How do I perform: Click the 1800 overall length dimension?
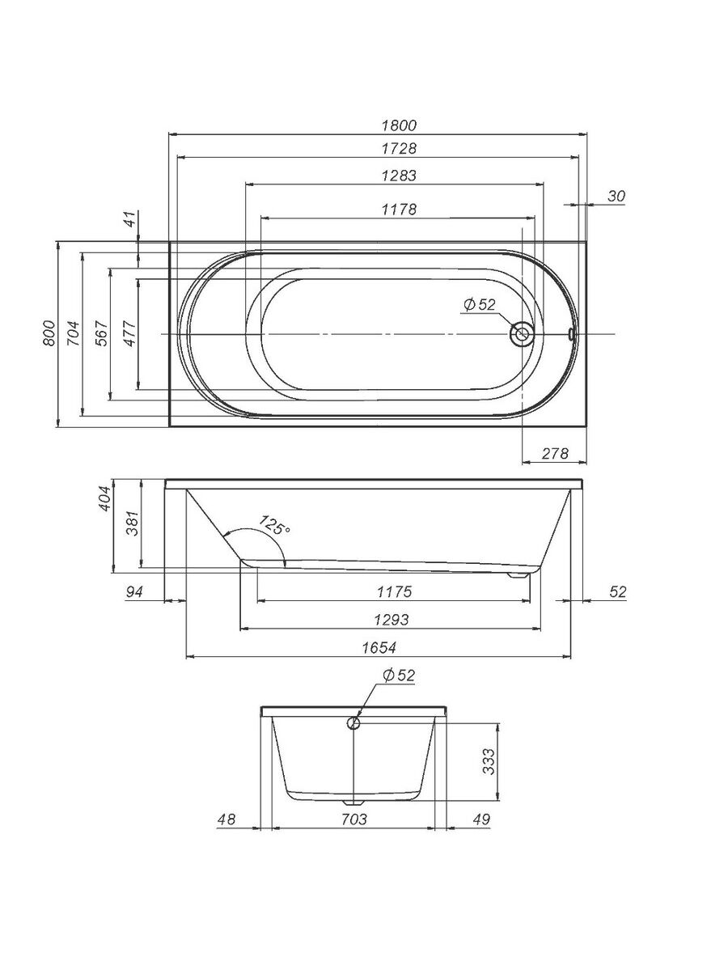click(x=400, y=125)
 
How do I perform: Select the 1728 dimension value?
click(x=400, y=148)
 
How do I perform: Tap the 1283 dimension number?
click(x=400, y=175)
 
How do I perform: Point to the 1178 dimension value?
click(x=400, y=209)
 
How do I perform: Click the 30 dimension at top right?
click(x=616, y=197)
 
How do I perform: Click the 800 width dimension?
click(x=49, y=333)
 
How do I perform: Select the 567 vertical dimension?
click(x=101, y=333)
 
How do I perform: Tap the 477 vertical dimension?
click(x=130, y=333)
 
